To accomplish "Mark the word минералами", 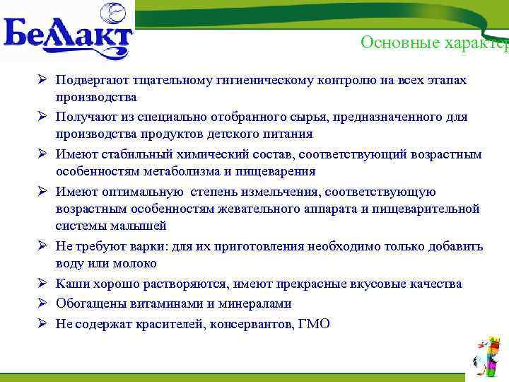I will (256, 303).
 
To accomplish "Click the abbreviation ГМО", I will (313, 323).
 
